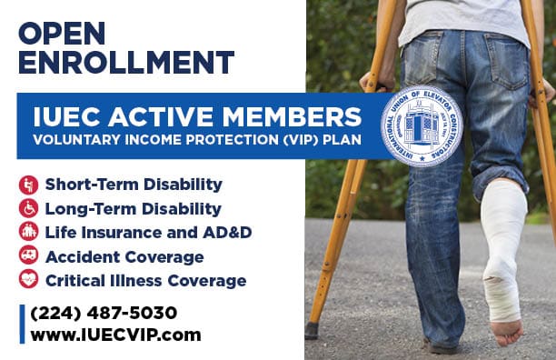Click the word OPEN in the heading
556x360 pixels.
point(62,34)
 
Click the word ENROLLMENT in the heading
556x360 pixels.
point(126,63)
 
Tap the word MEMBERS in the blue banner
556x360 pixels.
point(292,116)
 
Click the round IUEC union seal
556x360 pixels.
point(422,126)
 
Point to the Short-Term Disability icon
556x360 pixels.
point(28,185)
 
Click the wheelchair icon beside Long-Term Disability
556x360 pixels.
point(28,208)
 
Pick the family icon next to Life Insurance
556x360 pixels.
point(28,232)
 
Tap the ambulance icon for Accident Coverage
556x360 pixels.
point(28,255)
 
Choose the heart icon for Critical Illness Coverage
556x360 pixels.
point(28,279)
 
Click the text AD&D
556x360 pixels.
point(227,233)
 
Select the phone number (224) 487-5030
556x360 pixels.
point(104,314)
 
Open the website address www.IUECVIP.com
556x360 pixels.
point(115,335)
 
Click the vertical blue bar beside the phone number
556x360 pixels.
point(23,325)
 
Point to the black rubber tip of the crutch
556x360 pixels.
point(312,330)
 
